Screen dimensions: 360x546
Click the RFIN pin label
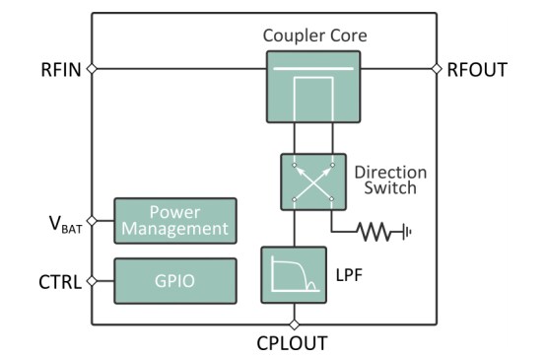pos(61,69)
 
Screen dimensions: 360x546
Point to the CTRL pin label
pos(61,281)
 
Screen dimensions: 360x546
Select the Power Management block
pos(175,221)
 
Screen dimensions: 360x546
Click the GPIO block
pos(175,280)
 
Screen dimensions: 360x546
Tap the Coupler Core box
pos(312,87)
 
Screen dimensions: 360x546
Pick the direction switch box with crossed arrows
pos(312,180)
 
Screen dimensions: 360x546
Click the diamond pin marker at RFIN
pos(92,69)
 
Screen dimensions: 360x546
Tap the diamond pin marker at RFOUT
pos(437,69)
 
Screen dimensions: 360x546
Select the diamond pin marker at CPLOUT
pos(294,324)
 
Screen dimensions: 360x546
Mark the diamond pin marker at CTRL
pos(92,281)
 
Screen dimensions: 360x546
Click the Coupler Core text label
pos(314,36)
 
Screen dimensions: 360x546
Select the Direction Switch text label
pos(390,180)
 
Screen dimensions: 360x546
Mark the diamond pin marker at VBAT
pos(92,221)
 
